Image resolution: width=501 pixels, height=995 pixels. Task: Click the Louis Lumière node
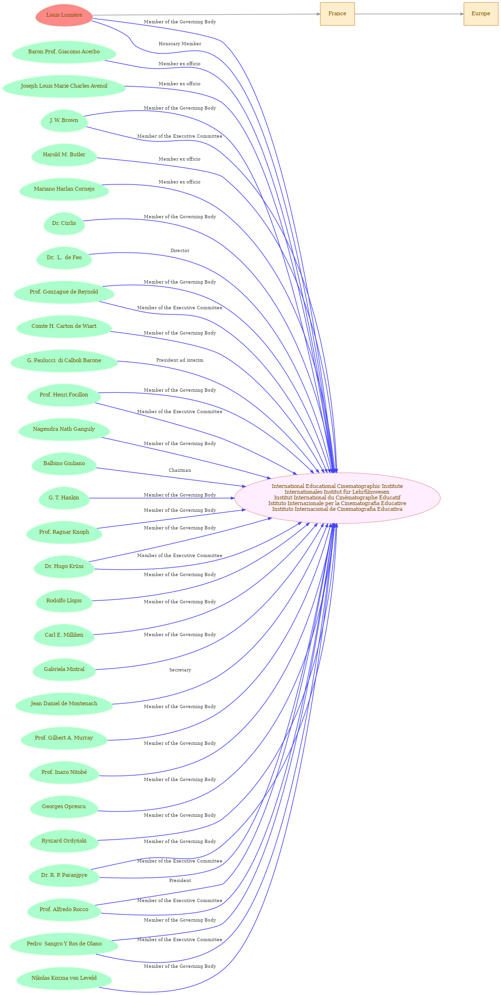coord(64,15)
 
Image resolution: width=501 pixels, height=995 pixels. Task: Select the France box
coord(337,14)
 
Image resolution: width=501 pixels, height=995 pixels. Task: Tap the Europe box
coord(481,14)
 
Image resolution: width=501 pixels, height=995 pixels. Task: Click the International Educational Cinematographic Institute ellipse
coord(337,498)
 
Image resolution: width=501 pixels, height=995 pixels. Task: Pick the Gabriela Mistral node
coord(64,670)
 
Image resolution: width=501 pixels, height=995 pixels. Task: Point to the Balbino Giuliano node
coord(64,464)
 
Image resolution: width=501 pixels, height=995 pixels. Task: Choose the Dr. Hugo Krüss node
coord(64,567)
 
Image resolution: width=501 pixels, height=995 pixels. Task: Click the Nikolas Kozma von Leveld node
coord(64,978)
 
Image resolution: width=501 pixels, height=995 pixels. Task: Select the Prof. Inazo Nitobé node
coord(64,772)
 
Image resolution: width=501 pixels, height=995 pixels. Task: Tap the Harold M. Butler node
coord(64,155)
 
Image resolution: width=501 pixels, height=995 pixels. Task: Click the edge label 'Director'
coord(180,251)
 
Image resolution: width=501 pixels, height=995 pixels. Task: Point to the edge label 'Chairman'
coord(180,470)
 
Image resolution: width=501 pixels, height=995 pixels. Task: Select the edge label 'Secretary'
coord(180,670)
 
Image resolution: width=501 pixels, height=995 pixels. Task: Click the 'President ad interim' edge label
coord(180,360)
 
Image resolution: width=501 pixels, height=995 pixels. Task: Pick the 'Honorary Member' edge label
coord(180,44)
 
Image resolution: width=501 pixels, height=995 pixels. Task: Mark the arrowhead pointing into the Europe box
coord(461,14)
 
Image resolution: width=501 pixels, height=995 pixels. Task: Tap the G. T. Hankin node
coord(64,498)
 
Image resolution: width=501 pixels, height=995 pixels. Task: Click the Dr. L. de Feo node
coord(64,258)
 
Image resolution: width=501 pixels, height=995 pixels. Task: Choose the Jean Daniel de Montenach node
coord(64,704)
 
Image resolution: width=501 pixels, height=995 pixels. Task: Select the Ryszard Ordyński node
coord(64,841)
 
